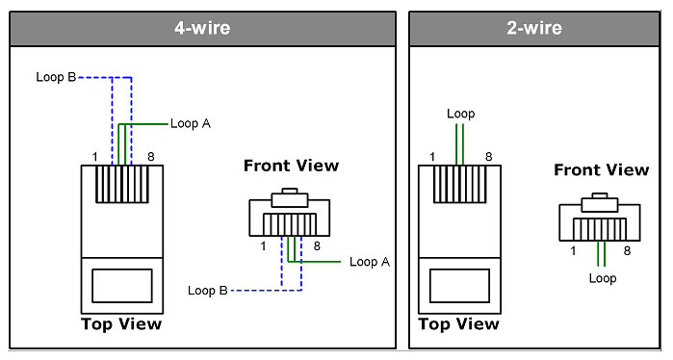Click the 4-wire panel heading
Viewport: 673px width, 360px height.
click(202, 28)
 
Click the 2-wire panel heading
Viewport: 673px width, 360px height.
click(534, 28)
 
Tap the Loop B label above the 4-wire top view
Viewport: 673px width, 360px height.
click(56, 77)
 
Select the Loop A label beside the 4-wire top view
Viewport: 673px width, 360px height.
click(191, 123)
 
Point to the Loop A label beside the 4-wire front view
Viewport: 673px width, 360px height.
click(370, 262)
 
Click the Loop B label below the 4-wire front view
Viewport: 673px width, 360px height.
click(208, 291)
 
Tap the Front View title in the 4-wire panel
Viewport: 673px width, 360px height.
click(291, 166)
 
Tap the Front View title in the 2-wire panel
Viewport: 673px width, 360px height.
click(602, 170)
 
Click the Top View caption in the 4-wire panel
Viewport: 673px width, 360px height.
click(121, 324)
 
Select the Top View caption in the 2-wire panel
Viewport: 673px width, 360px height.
click(459, 324)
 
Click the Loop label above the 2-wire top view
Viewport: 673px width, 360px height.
click(460, 115)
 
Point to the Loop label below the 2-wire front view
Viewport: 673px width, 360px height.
click(603, 278)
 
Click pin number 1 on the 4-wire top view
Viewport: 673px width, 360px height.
click(95, 157)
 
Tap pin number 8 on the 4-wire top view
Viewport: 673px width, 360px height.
click(150, 157)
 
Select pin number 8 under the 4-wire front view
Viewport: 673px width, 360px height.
click(317, 246)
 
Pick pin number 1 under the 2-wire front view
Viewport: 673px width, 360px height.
click(573, 250)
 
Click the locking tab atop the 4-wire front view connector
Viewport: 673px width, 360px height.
click(289, 197)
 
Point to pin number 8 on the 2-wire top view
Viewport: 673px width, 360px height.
click(488, 157)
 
